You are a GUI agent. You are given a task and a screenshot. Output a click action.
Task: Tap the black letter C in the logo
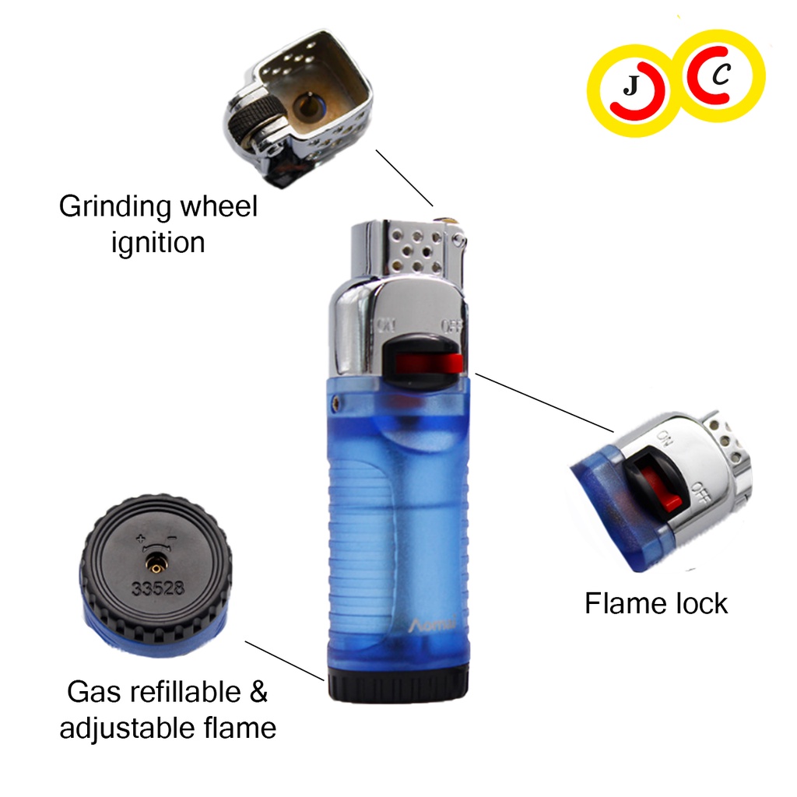[x=723, y=75]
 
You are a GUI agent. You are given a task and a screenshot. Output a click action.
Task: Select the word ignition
[x=158, y=242]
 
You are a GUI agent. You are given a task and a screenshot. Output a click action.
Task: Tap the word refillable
[x=184, y=691]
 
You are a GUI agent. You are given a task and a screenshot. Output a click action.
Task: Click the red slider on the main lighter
[x=425, y=363]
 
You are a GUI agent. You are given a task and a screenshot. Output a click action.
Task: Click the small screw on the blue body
[x=336, y=402]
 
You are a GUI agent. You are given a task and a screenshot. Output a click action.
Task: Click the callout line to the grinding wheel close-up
[x=404, y=177]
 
